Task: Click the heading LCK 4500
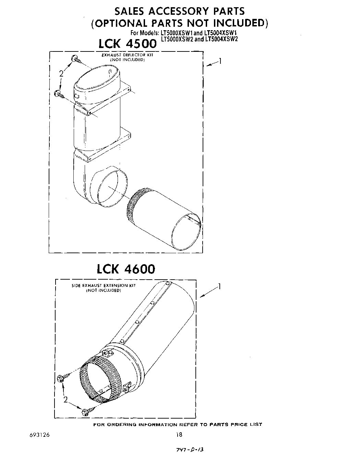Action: click(x=127, y=44)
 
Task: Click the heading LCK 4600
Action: click(x=126, y=269)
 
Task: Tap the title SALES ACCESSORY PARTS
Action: click(x=180, y=11)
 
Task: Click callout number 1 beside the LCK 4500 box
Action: click(x=220, y=61)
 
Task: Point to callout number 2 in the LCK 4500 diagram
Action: click(x=61, y=73)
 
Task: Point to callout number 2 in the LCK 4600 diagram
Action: click(x=65, y=399)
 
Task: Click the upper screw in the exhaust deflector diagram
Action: click(x=76, y=60)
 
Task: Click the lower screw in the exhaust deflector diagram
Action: click(x=60, y=94)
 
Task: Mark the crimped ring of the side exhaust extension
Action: click(x=99, y=381)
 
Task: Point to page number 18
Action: click(x=179, y=435)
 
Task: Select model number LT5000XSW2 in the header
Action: click(x=176, y=39)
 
